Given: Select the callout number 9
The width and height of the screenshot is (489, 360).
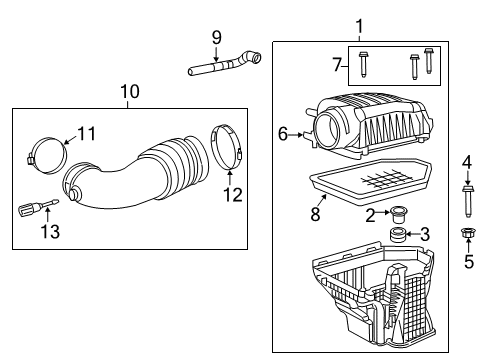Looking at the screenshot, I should pyautogui.click(x=215, y=39).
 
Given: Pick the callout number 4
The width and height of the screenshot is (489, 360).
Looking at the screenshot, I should pyautogui.click(x=466, y=161).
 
